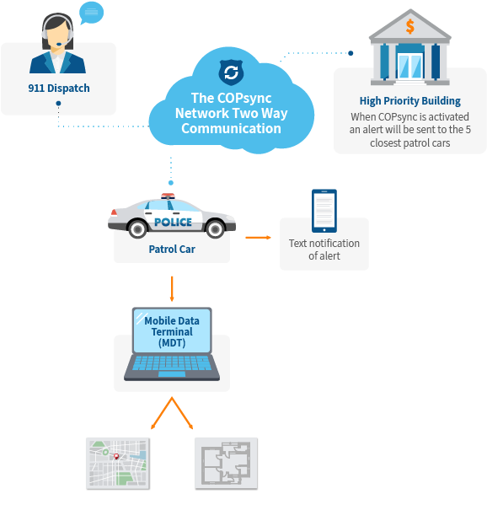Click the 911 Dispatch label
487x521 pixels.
pyautogui.click(x=58, y=88)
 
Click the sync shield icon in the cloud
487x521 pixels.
pyautogui.click(x=228, y=72)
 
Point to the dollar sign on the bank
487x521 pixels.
pyautogui.click(x=409, y=26)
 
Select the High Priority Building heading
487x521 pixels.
pyautogui.click(x=409, y=101)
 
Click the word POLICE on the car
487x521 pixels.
pyautogui.click(x=173, y=223)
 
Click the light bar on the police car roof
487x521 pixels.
pyautogui.click(x=169, y=196)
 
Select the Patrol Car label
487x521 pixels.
pyautogui.click(x=172, y=249)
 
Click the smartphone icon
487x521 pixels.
pyautogui.click(x=324, y=210)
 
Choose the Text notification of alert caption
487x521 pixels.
pyautogui.click(x=324, y=250)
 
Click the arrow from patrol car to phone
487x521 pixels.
pyautogui.click(x=258, y=238)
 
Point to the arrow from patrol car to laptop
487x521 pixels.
pyautogui.click(x=172, y=288)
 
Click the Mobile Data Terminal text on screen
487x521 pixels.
pyautogui.click(x=172, y=332)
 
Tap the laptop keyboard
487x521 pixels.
pyautogui.click(x=172, y=368)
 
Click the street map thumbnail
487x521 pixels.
pyautogui.click(x=117, y=463)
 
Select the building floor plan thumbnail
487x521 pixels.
pyautogui.click(x=225, y=463)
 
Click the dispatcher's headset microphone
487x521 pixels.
pyautogui.click(x=52, y=46)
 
